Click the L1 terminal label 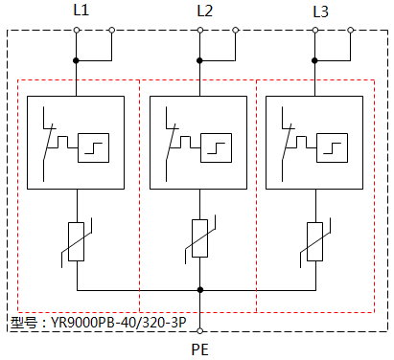(x=81, y=11)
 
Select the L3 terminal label (x=321, y=11)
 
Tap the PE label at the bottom (x=200, y=350)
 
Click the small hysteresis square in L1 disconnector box (x=95, y=148)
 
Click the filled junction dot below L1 (x=77, y=60)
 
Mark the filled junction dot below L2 (x=199, y=60)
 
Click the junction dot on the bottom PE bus (x=199, y=289)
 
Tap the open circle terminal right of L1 (x=113, y=32)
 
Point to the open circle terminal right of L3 (x=352, y=32)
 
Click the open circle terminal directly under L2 (x=199, y=32)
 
